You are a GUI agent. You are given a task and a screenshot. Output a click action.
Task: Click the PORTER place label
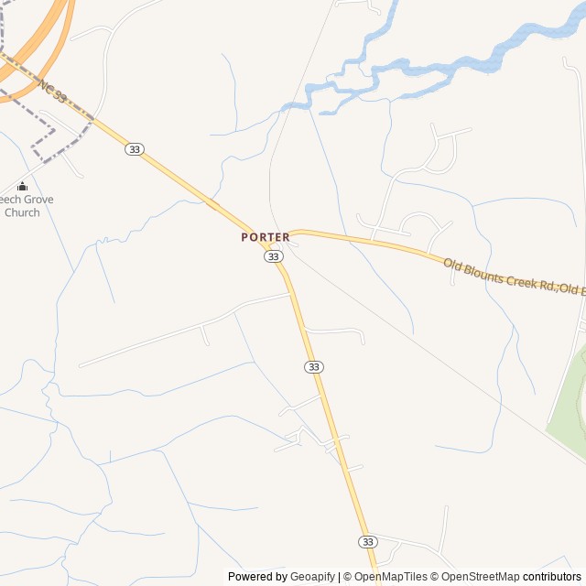point(266,237)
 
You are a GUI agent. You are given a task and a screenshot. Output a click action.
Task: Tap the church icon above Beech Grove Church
point(22,187)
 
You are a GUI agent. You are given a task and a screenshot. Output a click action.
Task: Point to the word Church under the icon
point(22,212)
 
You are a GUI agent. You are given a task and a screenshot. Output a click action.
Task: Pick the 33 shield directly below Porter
point(274,256)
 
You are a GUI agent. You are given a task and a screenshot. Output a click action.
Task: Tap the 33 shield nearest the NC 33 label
point(135,149)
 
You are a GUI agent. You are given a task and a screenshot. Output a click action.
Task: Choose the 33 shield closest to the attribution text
point(368,541)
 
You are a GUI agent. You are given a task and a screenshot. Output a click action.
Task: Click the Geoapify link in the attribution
point(313,577)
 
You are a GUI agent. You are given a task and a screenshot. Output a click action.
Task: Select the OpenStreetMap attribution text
point(480,577)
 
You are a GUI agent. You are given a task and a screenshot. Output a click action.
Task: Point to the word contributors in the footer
point(552,577)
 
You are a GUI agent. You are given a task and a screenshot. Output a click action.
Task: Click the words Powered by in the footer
point(257,577)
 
